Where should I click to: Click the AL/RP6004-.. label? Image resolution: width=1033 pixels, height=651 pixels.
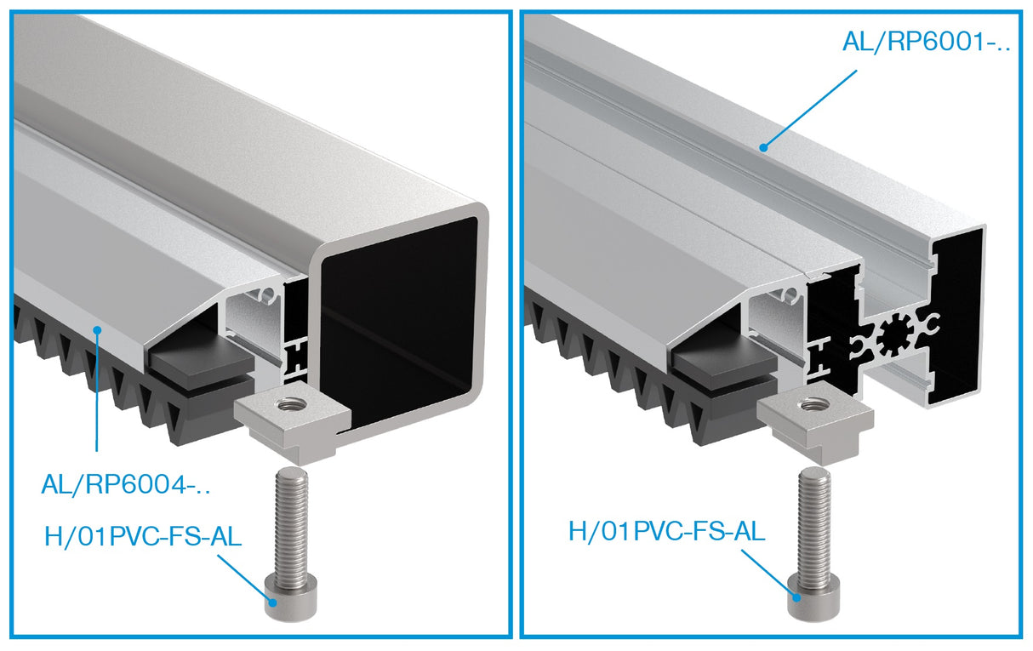pos(125,486)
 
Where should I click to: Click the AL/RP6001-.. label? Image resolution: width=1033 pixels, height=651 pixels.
pos(926,42)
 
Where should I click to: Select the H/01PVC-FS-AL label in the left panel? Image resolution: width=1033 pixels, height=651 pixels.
pos(143,537)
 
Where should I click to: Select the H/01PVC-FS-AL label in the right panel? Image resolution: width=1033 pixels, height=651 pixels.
pos(666,531)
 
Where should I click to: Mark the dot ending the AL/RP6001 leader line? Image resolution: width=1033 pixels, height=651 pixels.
pos(765,146)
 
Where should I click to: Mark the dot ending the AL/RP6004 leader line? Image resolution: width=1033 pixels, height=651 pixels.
pos(99,328)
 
